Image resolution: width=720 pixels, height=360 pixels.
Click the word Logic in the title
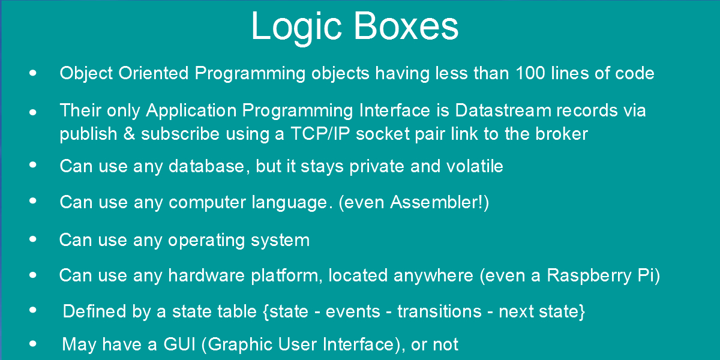click(296, 28)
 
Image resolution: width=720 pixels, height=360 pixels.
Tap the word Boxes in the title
click(406, 26)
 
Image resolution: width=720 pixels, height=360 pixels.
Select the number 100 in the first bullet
click(530, 73)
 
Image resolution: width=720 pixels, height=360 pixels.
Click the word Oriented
click(154, 73)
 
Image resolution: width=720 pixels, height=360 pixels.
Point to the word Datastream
click(503, 110)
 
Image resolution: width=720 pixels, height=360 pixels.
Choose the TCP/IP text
click(320, 134)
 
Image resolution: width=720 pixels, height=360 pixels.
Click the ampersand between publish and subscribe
click(129, 134)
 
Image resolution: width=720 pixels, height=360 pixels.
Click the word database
click(206, 167)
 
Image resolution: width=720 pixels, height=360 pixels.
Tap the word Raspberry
click(589, 276)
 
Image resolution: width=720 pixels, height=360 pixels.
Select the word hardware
click(206, 275)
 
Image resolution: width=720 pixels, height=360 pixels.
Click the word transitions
click(439, 311)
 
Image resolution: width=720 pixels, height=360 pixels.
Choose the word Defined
click(94, 311)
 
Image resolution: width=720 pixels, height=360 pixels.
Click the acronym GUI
click(179, 344)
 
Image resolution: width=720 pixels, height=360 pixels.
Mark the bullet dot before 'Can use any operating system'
click(33, 239)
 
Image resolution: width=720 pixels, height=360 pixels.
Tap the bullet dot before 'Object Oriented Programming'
click(33, 73)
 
